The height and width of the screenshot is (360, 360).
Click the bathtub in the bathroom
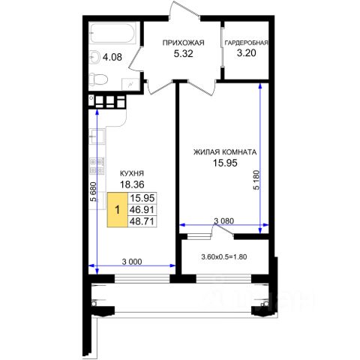point(113,34)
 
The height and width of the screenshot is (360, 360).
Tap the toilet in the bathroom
point(98,79)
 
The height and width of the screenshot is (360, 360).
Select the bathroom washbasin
point(95,57)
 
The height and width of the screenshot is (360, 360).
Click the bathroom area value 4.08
point(112,57)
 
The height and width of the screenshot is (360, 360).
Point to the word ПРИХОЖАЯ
point(183,43)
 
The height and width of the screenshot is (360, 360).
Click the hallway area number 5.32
point(184,53)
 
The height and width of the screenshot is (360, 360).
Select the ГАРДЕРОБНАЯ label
point(247,43)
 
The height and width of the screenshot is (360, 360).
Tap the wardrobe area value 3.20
point(247,53)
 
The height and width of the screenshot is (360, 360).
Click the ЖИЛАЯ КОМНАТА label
point(225,152)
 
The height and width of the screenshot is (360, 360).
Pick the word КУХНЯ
point(132,173)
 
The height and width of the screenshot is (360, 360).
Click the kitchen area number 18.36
point(132,184)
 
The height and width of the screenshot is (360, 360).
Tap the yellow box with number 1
point(118,210)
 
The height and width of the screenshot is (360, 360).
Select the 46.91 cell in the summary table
point(142,210)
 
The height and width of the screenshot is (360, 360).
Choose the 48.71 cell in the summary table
point(142,221)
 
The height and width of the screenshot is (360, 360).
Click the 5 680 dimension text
point(93,191)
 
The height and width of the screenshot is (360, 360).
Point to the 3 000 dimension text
point(132,262)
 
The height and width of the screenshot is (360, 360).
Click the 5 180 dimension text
point(256,180)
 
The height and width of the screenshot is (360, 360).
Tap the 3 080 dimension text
point(224,221)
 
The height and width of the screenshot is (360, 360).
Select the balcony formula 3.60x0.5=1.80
point(224,256)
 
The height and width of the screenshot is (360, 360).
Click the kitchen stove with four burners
point(97,166)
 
